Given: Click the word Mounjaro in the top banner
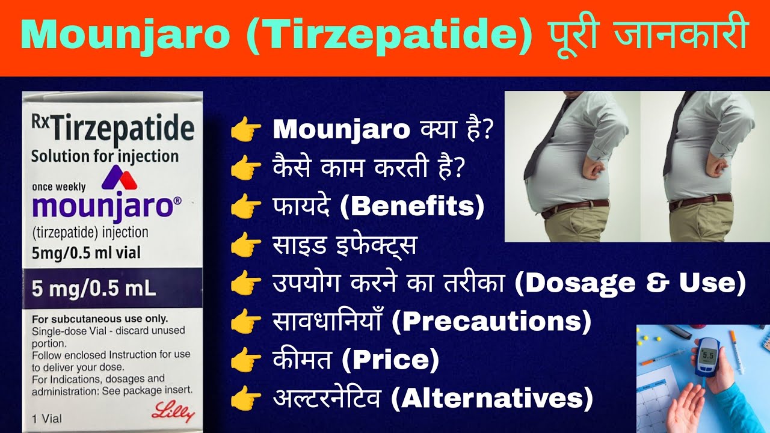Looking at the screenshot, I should click(123, 36).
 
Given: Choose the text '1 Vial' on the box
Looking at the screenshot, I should click(46, 418).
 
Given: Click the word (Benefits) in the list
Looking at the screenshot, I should click(412, 206).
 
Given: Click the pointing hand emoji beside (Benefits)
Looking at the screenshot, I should click(246, 207).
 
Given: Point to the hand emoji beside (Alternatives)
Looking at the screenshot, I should click(246, 398).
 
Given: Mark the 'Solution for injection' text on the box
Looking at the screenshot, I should click(105, 156).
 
